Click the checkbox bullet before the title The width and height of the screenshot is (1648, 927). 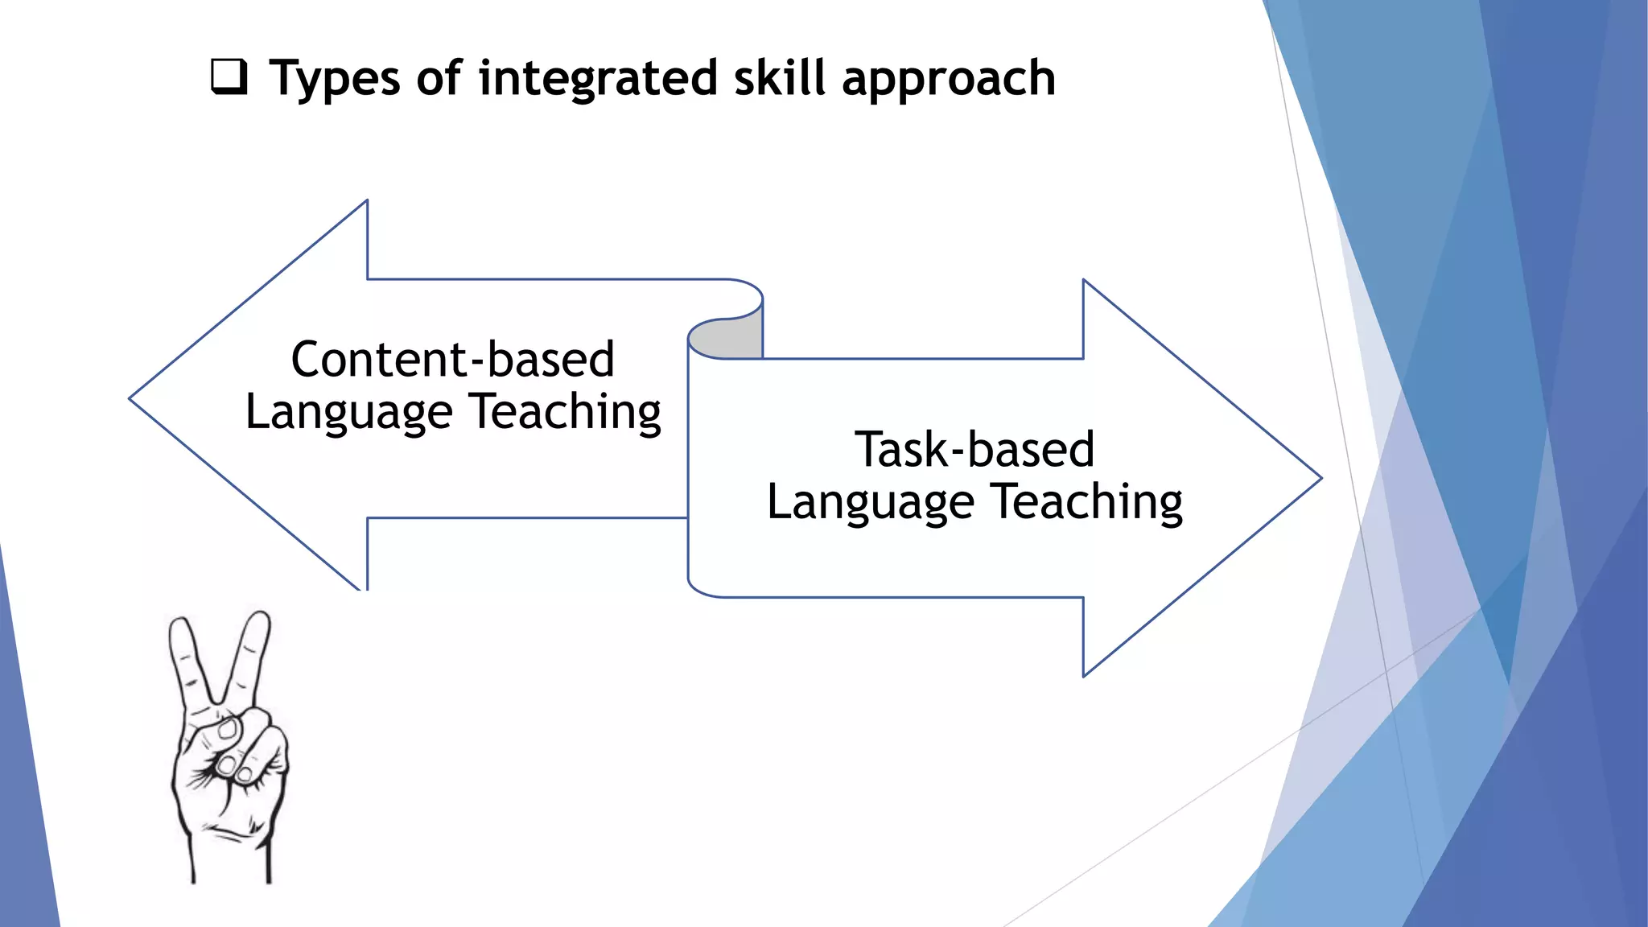tap(229, 77)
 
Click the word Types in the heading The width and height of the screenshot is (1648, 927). tap(334, 79)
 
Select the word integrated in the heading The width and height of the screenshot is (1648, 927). tap(598, 79)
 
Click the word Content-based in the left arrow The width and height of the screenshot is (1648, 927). tap(453, 359)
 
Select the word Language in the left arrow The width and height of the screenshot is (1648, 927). tap(349, 413)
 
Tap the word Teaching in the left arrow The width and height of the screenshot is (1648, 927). tap(566, 411)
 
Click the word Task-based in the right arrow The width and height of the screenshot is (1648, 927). tap(974, 449)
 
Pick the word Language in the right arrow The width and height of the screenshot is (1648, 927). tap(871, 503)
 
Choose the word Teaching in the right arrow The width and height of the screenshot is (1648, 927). tap(1086, 501)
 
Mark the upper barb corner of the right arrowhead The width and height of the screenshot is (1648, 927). tap(1084, 282)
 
